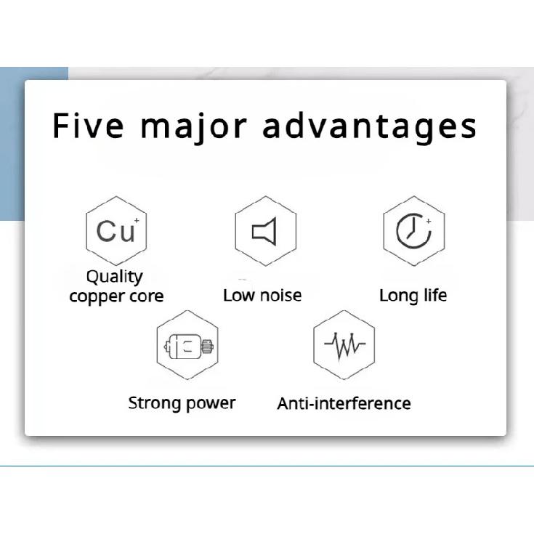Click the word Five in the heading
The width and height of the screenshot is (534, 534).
coord(88,125)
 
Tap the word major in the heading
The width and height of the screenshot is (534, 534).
coord(193,128)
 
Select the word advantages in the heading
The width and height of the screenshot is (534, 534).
coord(370,127)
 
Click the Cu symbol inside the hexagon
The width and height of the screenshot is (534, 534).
coord(116,231)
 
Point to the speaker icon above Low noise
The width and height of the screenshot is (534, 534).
coord(264,232)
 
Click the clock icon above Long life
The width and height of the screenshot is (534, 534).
coord(413,231)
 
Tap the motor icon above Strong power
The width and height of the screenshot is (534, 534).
coord(188,347)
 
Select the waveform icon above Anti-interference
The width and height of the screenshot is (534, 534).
coord(344,345)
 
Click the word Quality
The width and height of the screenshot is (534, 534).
coord(115,278)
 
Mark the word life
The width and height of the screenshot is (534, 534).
coord(435,295)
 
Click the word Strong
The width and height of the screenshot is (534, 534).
coord(155,403)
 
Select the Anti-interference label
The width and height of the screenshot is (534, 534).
coord(344,403)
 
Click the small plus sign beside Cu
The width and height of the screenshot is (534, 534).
coord(137,220)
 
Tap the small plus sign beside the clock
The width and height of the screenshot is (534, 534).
coord(429,221)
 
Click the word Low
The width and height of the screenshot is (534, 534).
coord(239,295)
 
